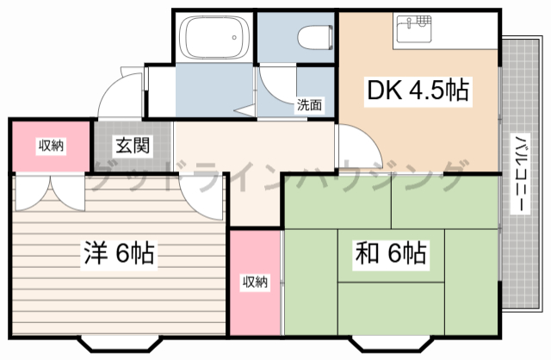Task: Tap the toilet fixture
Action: (x=312, y=37)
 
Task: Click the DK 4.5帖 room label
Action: (x=418, y=90)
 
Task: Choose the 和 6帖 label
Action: (x=390, y=254)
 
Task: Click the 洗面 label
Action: (x=309, y=105)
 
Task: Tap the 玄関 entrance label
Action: (x=134, y=145)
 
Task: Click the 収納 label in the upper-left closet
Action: (x=49, y=145)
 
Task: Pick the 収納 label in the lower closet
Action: (x=255, y=281)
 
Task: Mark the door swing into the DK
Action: (x=350, y=142)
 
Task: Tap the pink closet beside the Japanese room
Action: (x=255, y=282)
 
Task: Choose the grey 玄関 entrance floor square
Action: (x=133, y=146)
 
